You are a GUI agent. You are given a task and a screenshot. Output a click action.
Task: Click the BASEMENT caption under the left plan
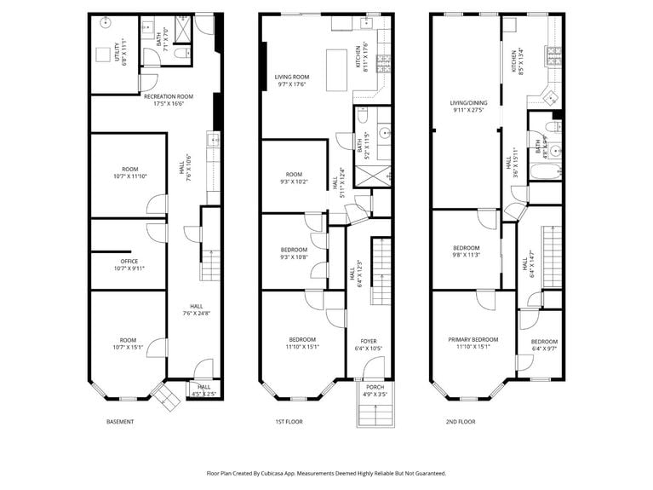[x=119, y=421]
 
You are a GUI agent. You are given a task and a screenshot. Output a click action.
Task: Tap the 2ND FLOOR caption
[x=461, y=421]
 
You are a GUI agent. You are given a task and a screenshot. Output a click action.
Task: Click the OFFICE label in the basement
[x=129, y=262]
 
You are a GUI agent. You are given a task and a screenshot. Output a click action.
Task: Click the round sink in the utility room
[x=106, y=24]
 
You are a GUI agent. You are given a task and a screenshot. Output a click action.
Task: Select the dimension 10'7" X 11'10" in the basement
[x=129, y=176]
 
